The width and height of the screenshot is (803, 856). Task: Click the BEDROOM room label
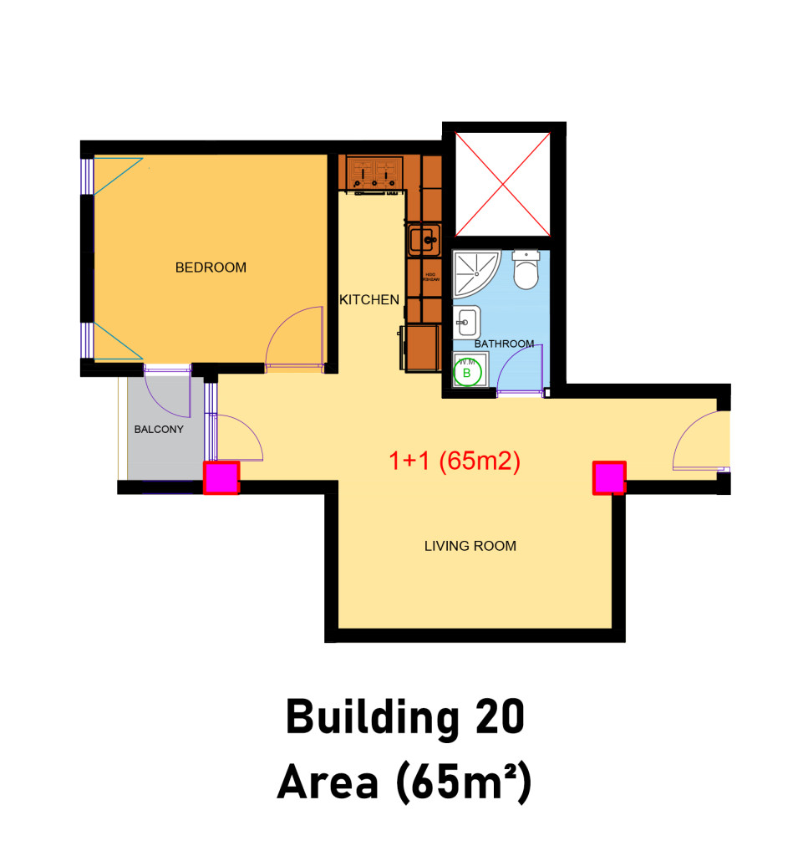click(211, 267)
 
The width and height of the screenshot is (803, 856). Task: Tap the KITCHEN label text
click(368, 299)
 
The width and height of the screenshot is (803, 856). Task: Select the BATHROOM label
click(504, 344)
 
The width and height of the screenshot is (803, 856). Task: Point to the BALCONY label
click(159, 430)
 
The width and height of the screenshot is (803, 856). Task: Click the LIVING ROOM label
click(470, 546)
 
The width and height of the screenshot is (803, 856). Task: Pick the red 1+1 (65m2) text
click(455, 461)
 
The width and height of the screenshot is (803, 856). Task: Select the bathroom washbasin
click(467, 321)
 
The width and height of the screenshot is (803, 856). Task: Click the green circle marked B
click(467, 372)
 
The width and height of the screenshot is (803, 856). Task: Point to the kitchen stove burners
click(374, 173)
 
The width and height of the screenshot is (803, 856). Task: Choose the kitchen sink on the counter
click(422, 240)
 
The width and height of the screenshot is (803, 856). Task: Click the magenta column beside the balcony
click(222, 478)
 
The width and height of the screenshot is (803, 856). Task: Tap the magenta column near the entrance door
click(609, 477)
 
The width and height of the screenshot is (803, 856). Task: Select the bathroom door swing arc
click(520, 368)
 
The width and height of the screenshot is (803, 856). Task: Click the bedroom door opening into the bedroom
click(295, 339)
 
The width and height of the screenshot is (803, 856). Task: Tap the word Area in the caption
click(326, 782)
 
